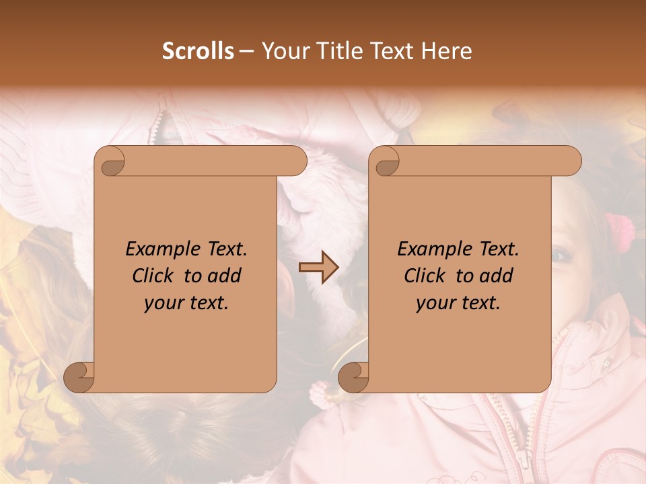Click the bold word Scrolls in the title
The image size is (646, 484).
198,51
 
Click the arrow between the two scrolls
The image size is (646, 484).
318,268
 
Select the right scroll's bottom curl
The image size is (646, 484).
353,378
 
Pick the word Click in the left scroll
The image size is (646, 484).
154,276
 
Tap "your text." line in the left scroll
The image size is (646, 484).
186,302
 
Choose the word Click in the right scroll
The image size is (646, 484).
426,276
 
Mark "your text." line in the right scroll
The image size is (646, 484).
458,302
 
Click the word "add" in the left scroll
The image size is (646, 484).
225,276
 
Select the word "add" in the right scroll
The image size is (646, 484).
497,276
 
